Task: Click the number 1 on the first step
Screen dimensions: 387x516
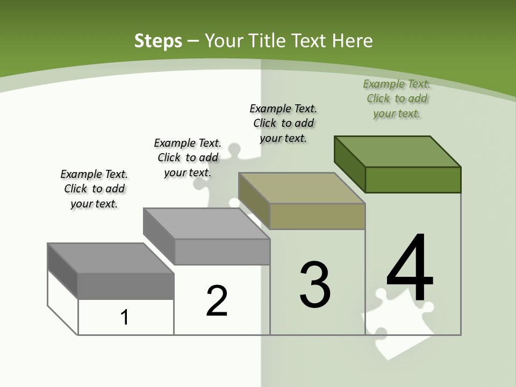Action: [125, 317]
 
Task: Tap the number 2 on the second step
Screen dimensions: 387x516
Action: [217, 301]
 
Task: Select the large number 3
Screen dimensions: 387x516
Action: [314, 285]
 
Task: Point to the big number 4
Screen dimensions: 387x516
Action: [410, 269]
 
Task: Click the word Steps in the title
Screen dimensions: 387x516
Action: [158, 41]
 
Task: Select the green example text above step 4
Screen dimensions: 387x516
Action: [397, 98]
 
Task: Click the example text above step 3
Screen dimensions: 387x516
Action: [283, 123]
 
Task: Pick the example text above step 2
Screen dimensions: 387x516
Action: [188, 157]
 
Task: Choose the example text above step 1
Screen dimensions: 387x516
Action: [94, 189]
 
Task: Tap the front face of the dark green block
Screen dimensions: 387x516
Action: [413, 180]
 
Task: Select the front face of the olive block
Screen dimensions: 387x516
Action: [317, 216]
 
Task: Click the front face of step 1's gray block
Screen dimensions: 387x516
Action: [126, 286]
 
